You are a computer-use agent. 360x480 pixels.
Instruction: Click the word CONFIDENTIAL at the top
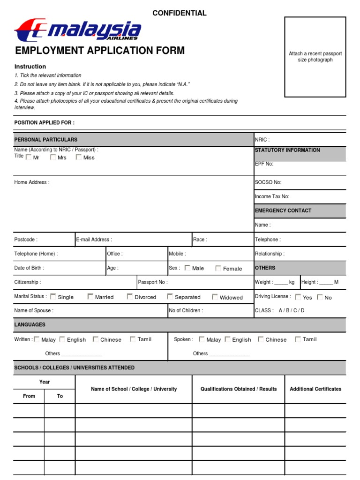click(179, 13)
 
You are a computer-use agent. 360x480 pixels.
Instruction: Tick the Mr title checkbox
click(29, 157)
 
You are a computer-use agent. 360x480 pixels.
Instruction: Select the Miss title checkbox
click(78, 157)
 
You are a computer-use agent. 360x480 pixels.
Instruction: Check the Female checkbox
click(218, 268)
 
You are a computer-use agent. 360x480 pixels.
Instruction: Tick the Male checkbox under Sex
click(187, 268)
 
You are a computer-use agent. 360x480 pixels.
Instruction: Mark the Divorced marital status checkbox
click(130, 297)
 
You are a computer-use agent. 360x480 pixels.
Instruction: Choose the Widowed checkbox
click(215, 297)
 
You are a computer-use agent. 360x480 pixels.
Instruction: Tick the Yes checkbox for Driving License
click(298, 297)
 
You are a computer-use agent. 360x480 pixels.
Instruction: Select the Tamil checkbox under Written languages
click(133, 339)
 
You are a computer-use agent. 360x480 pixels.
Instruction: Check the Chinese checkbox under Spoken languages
click(261, 339)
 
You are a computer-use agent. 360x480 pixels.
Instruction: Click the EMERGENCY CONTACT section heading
click(283, 211)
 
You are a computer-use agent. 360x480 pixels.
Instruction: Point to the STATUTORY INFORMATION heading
click(287, 150)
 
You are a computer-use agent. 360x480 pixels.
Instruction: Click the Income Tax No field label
click(272, 197)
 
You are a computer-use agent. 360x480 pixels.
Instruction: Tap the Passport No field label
click(153, 282)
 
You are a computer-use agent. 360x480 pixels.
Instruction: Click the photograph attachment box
click(315, 57)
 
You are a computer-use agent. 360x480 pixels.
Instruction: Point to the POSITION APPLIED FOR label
click(44, 123)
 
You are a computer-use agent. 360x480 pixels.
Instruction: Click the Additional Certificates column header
click(315, 389)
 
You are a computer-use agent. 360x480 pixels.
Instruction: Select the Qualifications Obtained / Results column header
click(239, 389)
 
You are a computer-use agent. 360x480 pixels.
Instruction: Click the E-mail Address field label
click(94, 240)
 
